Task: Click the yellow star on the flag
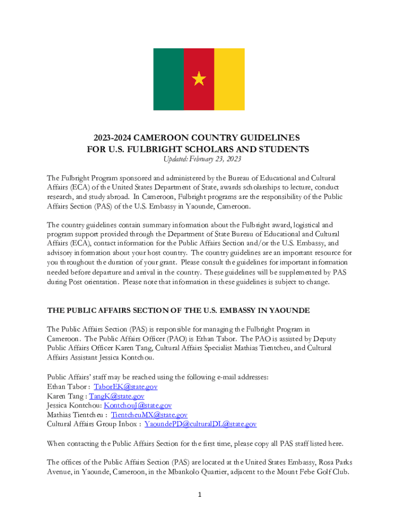tap(199, 79)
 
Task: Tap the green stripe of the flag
tap(168, 79)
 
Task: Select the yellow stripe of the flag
tap(229, 79)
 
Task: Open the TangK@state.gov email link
tap(116, 396)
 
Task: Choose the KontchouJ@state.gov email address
tap(138, 405)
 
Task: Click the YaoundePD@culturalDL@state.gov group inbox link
tap(200, 424)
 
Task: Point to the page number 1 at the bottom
tap(200, 495)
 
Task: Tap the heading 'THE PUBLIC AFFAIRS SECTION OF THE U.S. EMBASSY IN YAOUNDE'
tap(178, 310)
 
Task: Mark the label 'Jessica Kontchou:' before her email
tap(74, 405)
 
